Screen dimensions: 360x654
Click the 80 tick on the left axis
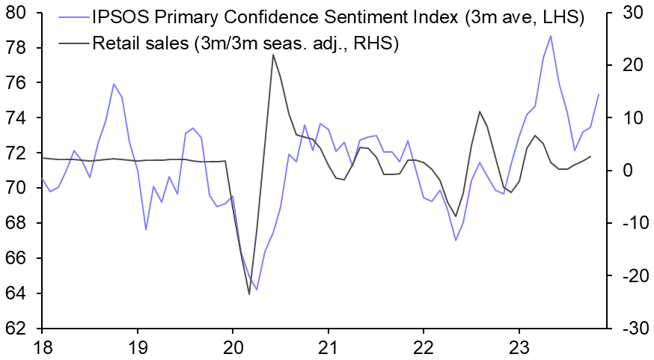pyautogui.click(x=17, y=13)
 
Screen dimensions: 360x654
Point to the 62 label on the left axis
pyautogui.click(x=17, y=329)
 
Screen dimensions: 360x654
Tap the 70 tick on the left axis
pyautogui.click(x=17, y=188)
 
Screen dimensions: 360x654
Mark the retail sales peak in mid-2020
pyautogui.click(x=272, y=55)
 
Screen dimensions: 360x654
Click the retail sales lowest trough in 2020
pyautogui.click(x=249, y=294)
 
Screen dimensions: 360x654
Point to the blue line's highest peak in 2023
pyautogui.click(x=551, y=36)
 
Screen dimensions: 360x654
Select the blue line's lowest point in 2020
pyautogui.click(x=257, y=290)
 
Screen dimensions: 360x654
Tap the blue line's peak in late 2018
pyautogui.click(x=114, y=84)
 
